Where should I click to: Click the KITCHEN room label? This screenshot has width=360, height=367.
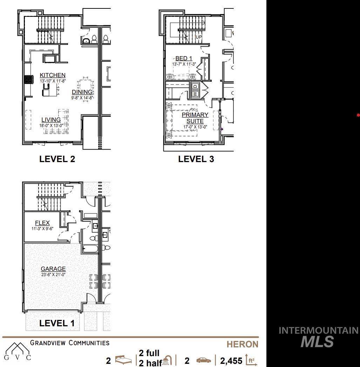tap(53, 75)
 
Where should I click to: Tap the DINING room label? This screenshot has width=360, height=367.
tap(82, 92)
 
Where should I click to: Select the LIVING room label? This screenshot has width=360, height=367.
tap(51, 120)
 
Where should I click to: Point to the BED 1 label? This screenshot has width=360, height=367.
tap(184, 58)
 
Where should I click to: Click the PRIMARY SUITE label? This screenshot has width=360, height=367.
tap(195, 118)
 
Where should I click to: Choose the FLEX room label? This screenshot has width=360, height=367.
tap(42, 223)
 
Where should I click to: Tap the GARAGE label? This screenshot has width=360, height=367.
tap(53, 269)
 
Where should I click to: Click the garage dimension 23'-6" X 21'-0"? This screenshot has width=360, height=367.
tap(53, 274)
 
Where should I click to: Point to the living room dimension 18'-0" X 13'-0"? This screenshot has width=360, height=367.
tap(51, 126)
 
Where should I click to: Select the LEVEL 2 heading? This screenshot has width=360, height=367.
tap(57, 159)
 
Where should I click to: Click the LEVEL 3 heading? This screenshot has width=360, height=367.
tap(196, 159)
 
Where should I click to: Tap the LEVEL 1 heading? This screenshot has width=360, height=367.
tap(57, 323)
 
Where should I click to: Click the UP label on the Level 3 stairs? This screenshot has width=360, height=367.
tap(199, 37)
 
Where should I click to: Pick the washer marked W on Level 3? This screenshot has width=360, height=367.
tap(195, 94)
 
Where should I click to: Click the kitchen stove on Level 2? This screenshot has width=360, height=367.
tap(28, 80)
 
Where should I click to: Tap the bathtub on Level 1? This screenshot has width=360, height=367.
tap(90, 248)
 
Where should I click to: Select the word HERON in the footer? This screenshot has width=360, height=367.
tap(243, 344)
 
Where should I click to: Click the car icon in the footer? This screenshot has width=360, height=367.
tap(203, 360)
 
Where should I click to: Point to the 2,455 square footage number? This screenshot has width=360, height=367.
tap(231, 361)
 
